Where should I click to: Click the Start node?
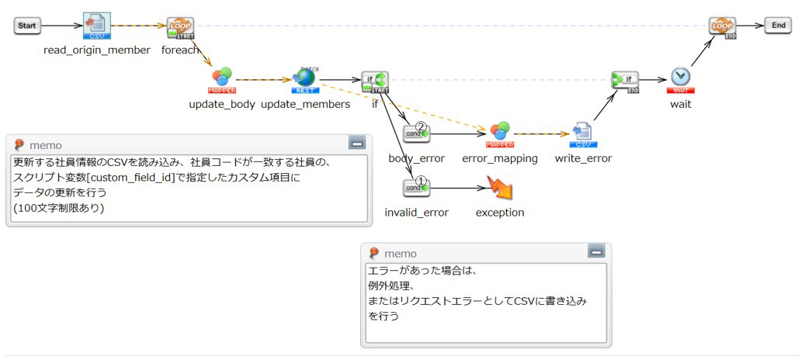coord(27,26)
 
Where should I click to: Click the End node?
coord(778,26)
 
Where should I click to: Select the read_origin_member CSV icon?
coord(97,26)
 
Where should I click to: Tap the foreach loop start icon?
coord(180,27)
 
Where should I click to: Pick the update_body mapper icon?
coord(222,79)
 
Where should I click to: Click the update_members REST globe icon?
coord(304,78)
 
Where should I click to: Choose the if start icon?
coord(375,80)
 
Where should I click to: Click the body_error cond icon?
coord(416,133)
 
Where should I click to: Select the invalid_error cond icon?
coord(416,187)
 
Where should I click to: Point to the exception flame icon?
coord(499,188)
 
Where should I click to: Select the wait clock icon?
coord(681,78)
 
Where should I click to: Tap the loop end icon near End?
coord(722,27)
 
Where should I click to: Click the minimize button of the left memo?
coord(357,144)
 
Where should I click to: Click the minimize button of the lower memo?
coord(595,252)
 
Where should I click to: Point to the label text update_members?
coord(305,104)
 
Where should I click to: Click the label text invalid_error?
coord(416,213)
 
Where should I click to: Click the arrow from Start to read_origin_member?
coord(62,26)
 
